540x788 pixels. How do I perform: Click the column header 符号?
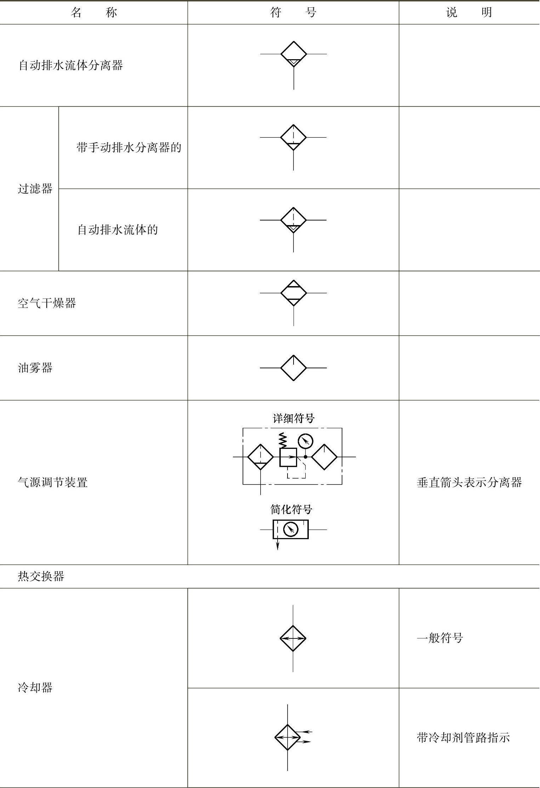[293, 13]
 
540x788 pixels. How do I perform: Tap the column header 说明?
[469, 13]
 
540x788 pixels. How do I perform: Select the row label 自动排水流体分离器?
[70, 65]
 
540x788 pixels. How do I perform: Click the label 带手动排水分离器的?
[129, 147]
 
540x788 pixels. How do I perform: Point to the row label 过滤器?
[35, 189]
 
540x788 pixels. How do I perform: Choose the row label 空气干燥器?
[47, 303]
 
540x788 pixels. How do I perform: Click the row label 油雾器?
[35, 368]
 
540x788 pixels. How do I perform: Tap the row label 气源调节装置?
[52, 482]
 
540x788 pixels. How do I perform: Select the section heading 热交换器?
[41, 576]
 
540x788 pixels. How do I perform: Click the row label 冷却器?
[35, 688]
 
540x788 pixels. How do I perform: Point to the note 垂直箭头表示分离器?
[469, 482]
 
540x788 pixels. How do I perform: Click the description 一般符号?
[440, 638]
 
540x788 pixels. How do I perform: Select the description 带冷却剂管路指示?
[463, 738]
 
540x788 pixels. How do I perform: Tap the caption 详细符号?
[294, 418]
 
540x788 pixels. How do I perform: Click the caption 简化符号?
[291, 509]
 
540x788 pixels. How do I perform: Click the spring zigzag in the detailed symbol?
[283, 440]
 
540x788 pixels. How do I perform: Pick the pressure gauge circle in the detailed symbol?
[305, 441]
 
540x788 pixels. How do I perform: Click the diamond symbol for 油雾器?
[293, 368]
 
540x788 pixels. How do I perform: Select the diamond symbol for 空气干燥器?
[293, 293]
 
